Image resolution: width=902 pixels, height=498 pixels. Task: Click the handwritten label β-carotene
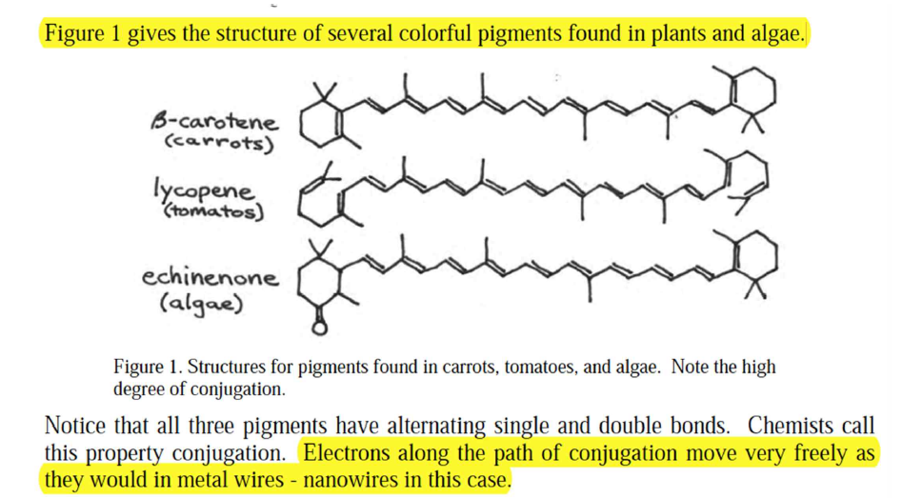click(x=214, y=121)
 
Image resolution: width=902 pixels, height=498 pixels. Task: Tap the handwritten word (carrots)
click(x=219, y=143)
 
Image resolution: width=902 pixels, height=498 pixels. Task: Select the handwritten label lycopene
click(x=203, y=189)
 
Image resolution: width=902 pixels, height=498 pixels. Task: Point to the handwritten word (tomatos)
click(x=213, y=211)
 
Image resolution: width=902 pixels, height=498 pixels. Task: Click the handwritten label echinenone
click(x=210, y=277)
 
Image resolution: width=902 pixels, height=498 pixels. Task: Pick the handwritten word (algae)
click(x=201, y=304)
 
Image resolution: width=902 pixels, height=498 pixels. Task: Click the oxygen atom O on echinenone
click(x=319, y=328)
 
